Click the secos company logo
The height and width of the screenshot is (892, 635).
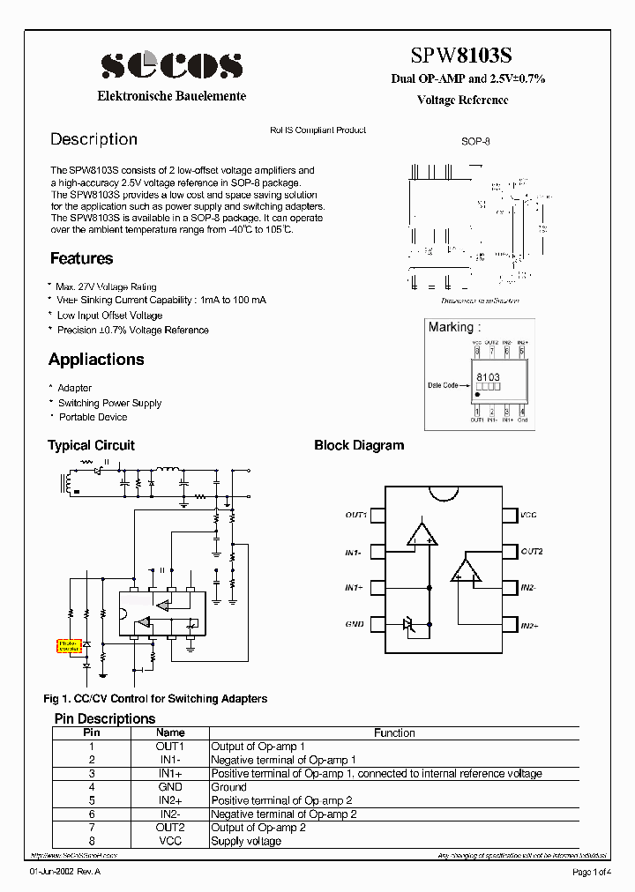pos(171,64)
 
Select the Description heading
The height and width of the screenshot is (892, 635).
pos(93,139)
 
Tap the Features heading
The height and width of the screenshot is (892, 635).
pos(81,258)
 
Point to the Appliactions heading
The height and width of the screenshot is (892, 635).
pos(96,360)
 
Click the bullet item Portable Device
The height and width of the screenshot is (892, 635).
pos(93,417)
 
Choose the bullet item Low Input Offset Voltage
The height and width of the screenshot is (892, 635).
pos(109,315)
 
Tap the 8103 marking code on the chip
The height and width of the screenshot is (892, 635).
pos(488,376)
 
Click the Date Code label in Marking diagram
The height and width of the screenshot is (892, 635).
pos(443,385)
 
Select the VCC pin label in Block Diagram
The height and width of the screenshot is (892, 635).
pos(528,515)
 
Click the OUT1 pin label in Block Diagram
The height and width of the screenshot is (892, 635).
pos(355,515)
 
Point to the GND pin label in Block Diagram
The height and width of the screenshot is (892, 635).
pos(355,624)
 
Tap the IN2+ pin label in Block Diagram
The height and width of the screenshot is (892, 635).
pos(529,624)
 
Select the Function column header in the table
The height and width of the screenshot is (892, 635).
pos(394,732)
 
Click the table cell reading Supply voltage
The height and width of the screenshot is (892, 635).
pos(246,841)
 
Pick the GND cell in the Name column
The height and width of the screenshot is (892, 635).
pos(170,787)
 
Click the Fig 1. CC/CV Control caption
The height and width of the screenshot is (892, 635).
pos(155,699)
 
